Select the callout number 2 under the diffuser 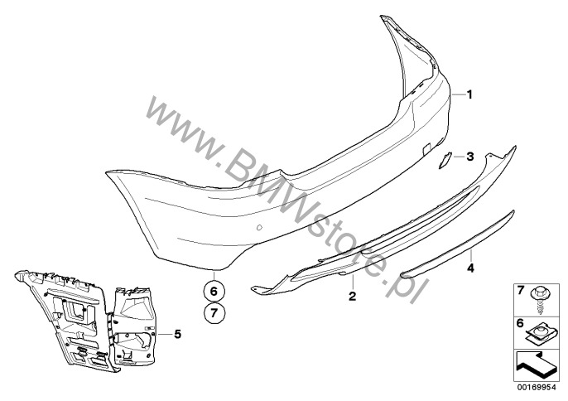(352, 297)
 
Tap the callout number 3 (469, 157)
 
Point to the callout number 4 (470, 268)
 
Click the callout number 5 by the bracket (177, 334)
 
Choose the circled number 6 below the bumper (214, 291)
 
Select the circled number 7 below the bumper (214, 312)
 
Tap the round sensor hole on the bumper (260, 228)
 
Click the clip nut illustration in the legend (539, 335)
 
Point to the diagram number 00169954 (537, 388)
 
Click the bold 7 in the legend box (521, 291)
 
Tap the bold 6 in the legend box (521, 322)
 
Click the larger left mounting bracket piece (69, 319)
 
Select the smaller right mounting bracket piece (134, 326)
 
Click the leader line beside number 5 (164, 334)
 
